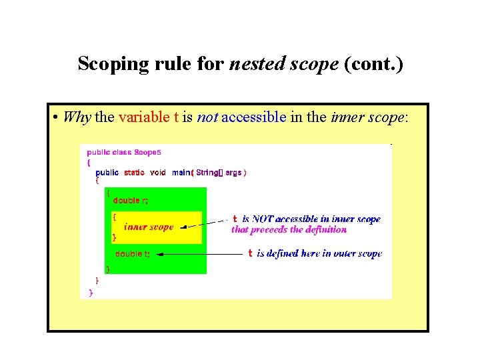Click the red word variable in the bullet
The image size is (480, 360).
point(144,118)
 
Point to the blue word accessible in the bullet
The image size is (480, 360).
point(253,118)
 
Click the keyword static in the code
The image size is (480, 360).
point(134,173)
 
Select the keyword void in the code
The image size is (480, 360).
point(158,173)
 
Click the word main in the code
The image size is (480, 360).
point(181,173)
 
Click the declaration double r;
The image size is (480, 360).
point(131,200)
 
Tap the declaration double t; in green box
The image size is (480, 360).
point(133,254)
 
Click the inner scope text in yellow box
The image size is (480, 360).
point(149,227)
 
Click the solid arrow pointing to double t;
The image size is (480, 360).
point(200,254)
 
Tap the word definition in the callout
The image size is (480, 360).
point(326,229)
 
